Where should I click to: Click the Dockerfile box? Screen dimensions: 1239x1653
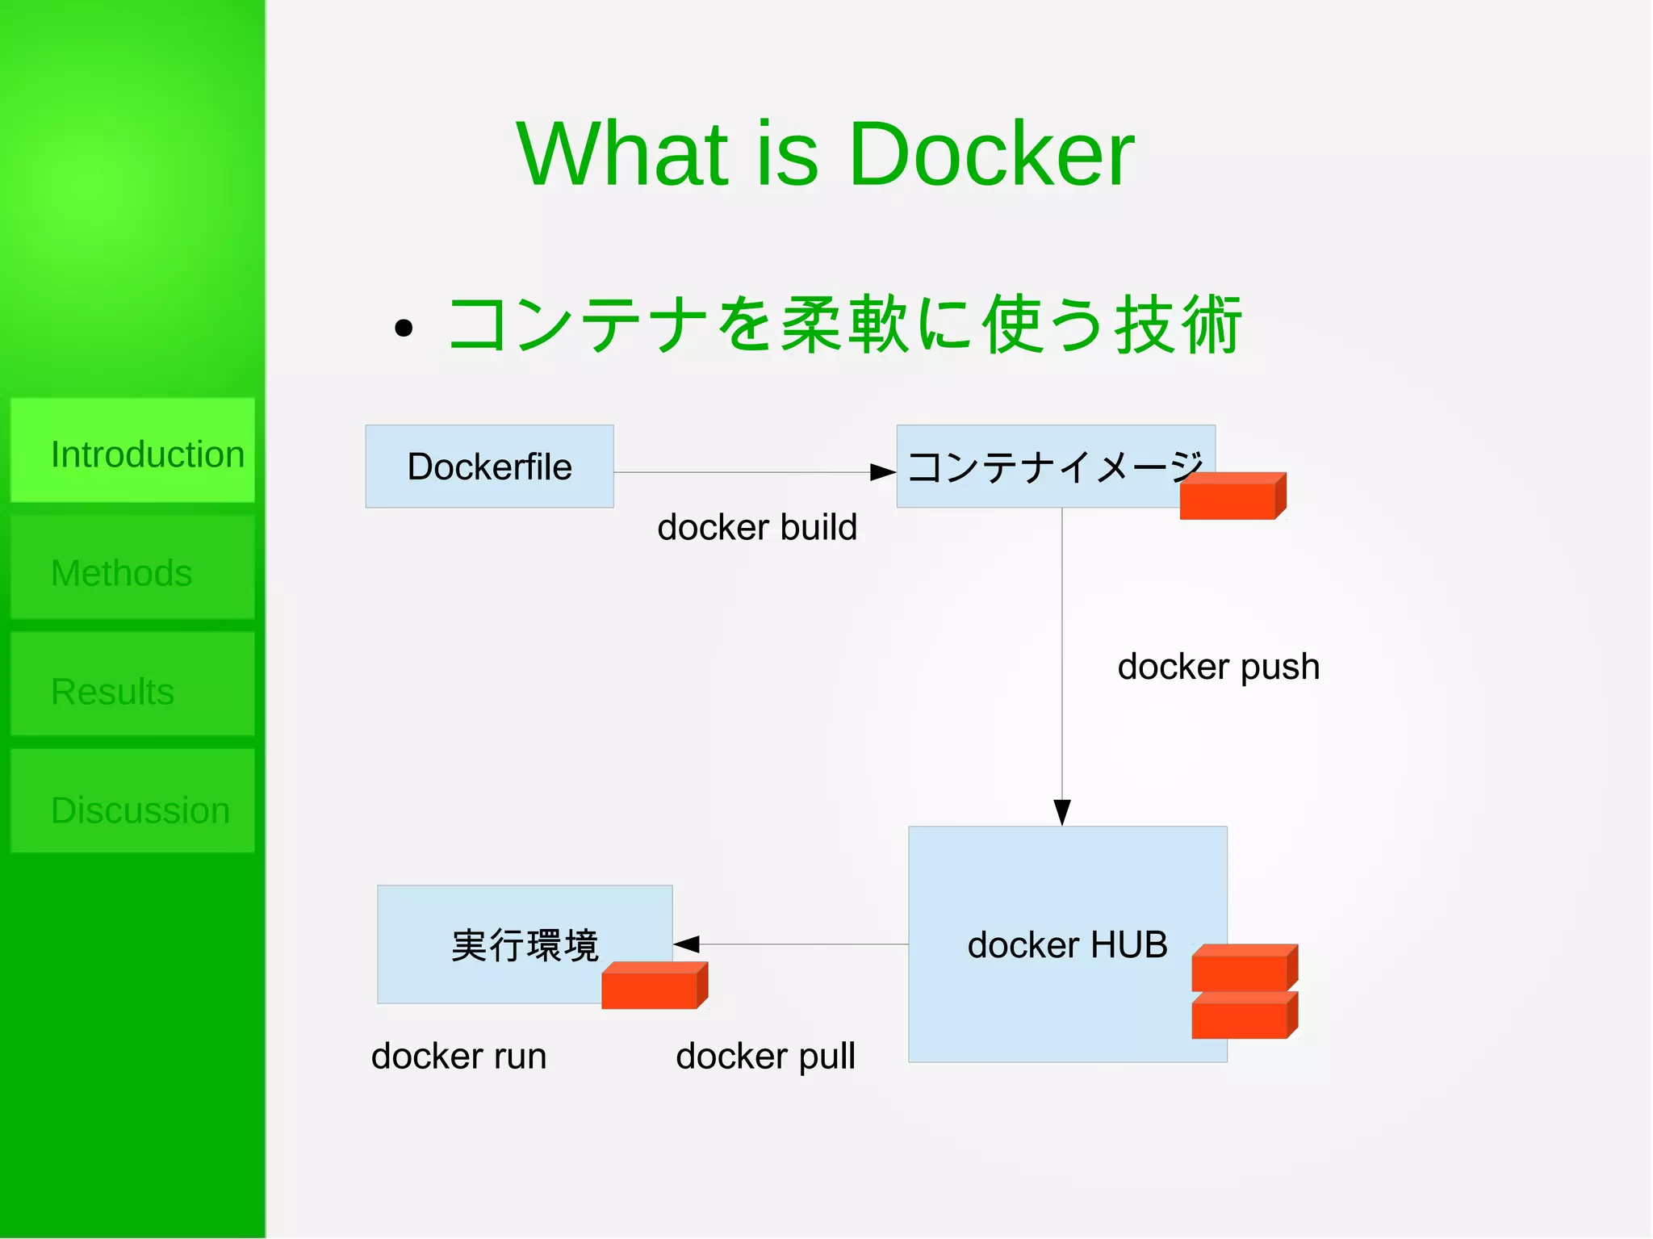click(x=489, y=467)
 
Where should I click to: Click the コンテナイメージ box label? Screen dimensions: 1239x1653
click(x=1049, y=467)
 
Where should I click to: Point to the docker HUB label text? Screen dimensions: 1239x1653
click(x=1067, y=944)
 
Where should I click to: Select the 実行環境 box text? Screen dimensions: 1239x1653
click(x=525, y=944)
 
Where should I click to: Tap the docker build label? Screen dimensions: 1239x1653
click(x=756, y=527)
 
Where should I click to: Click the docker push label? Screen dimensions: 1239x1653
click(x=1218, y=667)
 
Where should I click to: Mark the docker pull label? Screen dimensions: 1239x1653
click(x=765, y=1056)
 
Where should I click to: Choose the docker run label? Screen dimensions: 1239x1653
click(x=458, y=1056)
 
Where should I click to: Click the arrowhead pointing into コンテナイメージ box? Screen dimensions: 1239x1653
click(x=884, y=472)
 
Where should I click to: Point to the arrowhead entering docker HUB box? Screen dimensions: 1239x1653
click(x=1062, y=812)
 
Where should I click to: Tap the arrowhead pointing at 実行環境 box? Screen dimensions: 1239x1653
click(x=686, y=944)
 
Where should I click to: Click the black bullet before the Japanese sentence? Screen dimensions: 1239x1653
click(x=404, y=328)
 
